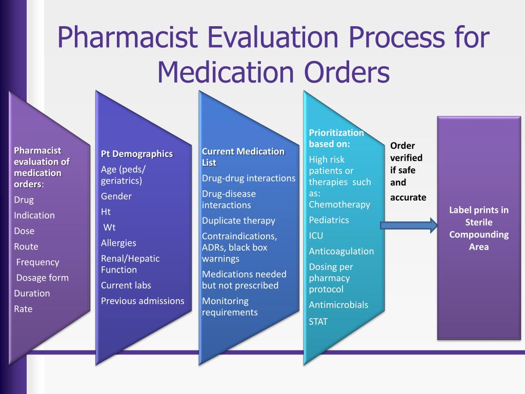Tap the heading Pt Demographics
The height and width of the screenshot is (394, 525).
tap(137, 154)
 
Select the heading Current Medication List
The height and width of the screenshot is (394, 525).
tap(243, 157)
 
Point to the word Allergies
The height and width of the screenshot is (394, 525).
tap(118, 243)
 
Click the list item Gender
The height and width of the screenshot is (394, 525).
tap(116, 196)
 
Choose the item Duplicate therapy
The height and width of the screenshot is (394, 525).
tap(238, 221)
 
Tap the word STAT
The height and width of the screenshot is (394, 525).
tap(318, 322)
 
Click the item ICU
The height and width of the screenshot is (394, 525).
tap(316, 236)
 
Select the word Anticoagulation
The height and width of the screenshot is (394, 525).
tap(341, 251)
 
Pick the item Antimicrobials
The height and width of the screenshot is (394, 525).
tap(338, 305)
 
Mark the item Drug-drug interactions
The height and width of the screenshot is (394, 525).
tap(249, 179)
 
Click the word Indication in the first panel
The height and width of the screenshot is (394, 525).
tap(34, 215)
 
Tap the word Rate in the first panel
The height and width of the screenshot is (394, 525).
tap(23, 309)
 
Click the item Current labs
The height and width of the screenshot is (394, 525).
tap(126, 285)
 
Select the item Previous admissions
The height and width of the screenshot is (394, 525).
tap(143, 301)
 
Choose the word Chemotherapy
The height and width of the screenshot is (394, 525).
tap(339, 205)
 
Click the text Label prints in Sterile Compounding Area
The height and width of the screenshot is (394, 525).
tap(479, 228)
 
